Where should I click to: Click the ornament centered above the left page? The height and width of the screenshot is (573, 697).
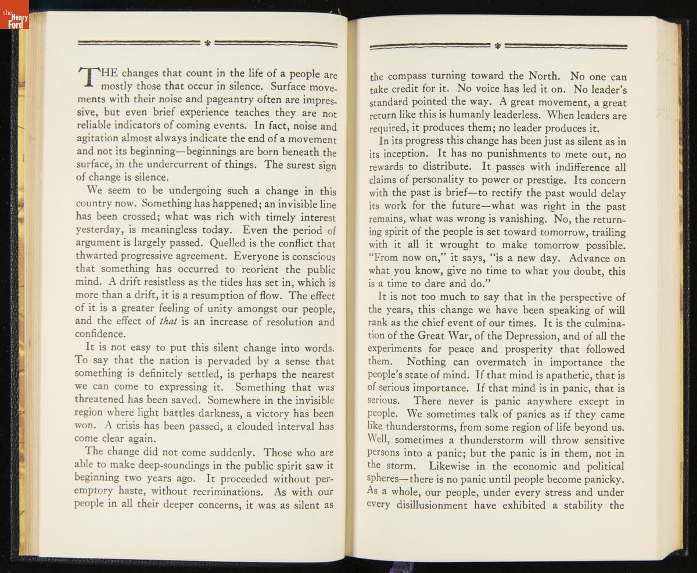[207, 42]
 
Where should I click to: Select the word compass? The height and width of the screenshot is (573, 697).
[405, 76]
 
